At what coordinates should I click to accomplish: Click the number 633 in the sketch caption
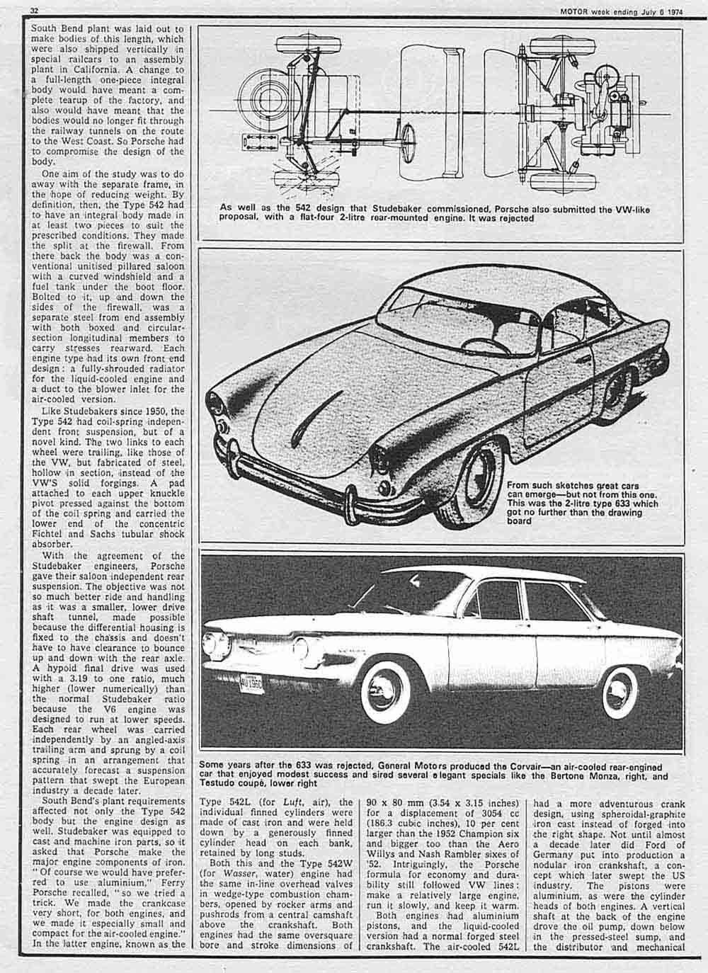(x=633, y=503)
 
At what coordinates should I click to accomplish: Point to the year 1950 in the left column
(x=153, y=409)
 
